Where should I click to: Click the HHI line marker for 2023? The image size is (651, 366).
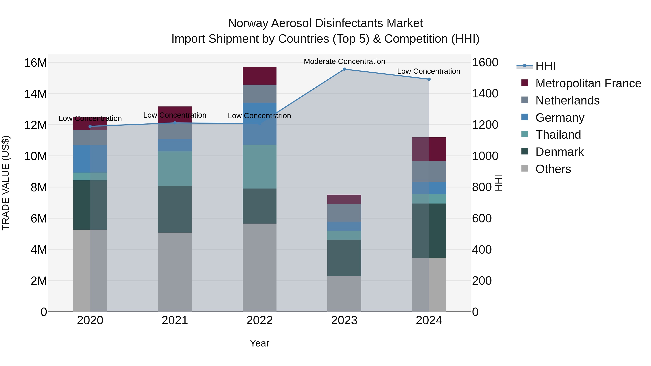point(344,69)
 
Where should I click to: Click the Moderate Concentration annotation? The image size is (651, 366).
point(344,62)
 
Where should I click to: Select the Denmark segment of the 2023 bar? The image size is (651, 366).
point(344,258)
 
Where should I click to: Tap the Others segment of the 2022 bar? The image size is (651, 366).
point(259,267)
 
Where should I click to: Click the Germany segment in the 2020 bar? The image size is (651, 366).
point(90,159)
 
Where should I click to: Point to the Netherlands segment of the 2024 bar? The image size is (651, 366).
point(429,172)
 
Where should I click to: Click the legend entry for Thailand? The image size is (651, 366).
point(558,135)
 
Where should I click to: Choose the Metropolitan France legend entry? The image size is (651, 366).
point(588,83)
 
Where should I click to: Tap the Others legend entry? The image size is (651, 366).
point(553,169)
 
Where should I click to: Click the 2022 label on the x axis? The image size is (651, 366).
point(259,320)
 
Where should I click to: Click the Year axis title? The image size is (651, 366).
point(259,343)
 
